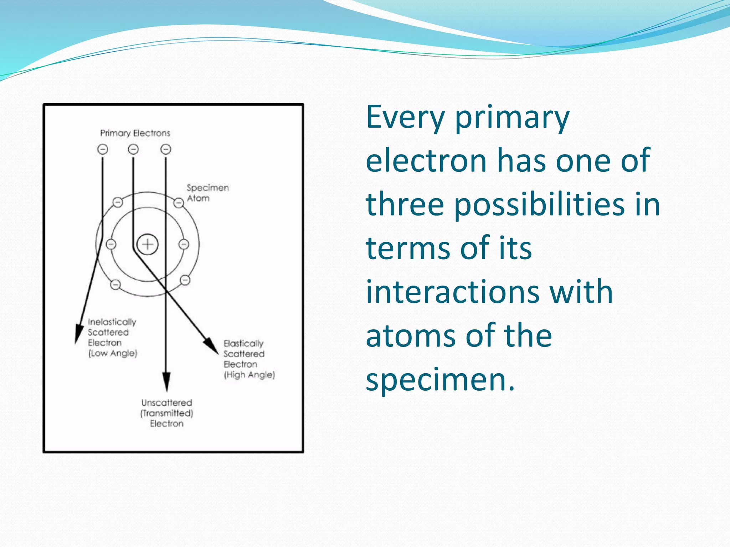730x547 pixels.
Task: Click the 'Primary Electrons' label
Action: click(x=135, y=133)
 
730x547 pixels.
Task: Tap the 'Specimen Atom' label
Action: click(x=207, y=193)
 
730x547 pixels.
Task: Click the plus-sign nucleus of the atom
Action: click(x=148, y=244)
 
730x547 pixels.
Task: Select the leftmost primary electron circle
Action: click(x=103, y=149)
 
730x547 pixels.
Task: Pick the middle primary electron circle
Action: click(x=133, y=149)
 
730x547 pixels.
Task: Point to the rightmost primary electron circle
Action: click(x=166, y=149)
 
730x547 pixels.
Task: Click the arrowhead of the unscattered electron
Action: click(x=166, y=381)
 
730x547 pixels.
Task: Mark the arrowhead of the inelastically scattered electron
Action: click(x=78, y=334)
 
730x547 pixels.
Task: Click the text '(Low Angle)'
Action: click(x=113, y=353)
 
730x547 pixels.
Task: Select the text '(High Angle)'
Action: click(x=249, y=375)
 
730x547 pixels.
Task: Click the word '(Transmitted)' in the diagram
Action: click(x=166, y=413)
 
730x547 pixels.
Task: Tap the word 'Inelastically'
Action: click(x=112, y=322)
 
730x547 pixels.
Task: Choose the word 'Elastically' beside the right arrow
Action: click(x=243, y=344)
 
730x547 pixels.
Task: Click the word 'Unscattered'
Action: click(x=166, y=403)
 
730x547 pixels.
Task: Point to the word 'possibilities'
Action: click(x=539, y=205)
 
